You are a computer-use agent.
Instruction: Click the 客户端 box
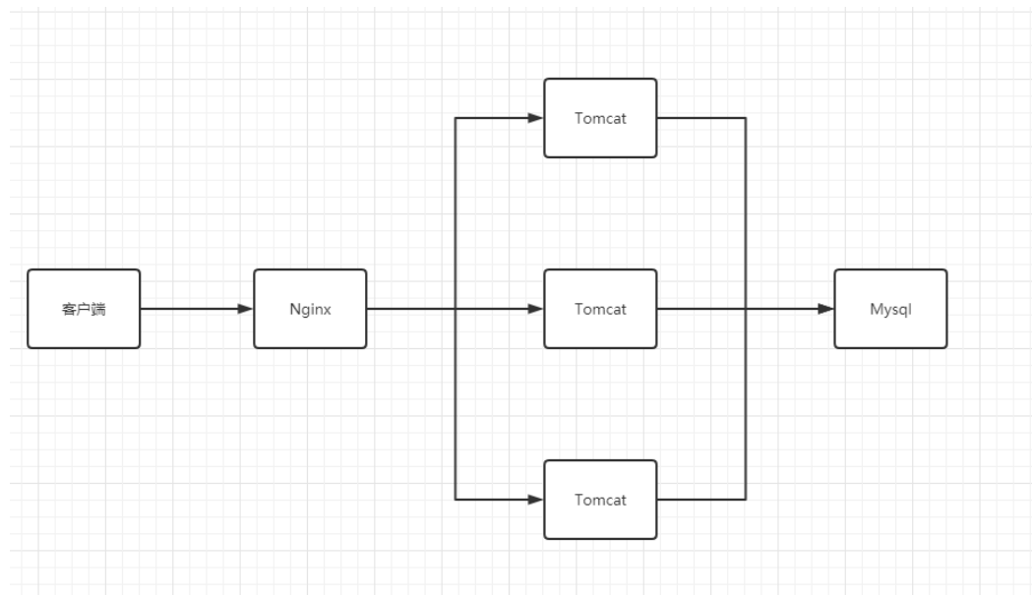84,309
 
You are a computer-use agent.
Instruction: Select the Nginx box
310,309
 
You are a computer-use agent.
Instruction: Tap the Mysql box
890,309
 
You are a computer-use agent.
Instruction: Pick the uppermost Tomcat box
600,118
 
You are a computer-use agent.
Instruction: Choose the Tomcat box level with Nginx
600,309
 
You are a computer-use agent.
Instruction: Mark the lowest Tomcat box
600,500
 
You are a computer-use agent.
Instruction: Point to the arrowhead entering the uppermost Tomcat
536,118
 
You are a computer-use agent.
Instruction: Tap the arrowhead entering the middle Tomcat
536,309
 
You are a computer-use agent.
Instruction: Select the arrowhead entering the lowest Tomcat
536,500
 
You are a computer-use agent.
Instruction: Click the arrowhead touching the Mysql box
826,309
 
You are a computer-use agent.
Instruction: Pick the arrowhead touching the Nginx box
246,309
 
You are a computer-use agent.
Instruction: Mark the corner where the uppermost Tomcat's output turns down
746,118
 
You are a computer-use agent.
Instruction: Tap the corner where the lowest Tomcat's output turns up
746,500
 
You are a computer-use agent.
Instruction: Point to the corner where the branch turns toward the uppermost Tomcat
455,118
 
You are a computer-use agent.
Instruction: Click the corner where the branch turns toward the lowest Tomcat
455,500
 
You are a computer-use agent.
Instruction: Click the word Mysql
890,309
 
